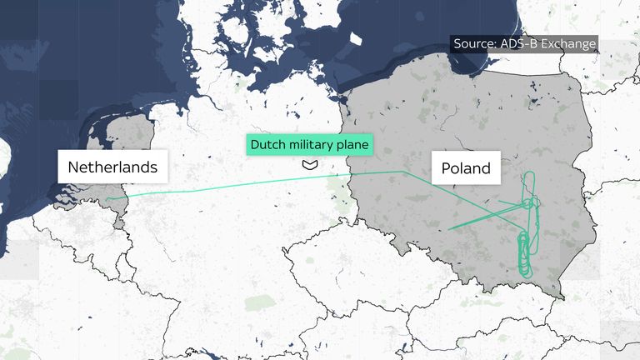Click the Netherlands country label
point(112,167)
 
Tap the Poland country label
point(466,168)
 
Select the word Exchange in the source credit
point(568,44)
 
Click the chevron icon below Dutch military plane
point(310,165)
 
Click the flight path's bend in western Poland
point(403,172)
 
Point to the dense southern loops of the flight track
point(522,254)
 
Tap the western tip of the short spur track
point(448,228)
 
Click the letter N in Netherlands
point(72,167)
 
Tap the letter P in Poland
point(445,168)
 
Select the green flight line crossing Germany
point(233,186)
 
